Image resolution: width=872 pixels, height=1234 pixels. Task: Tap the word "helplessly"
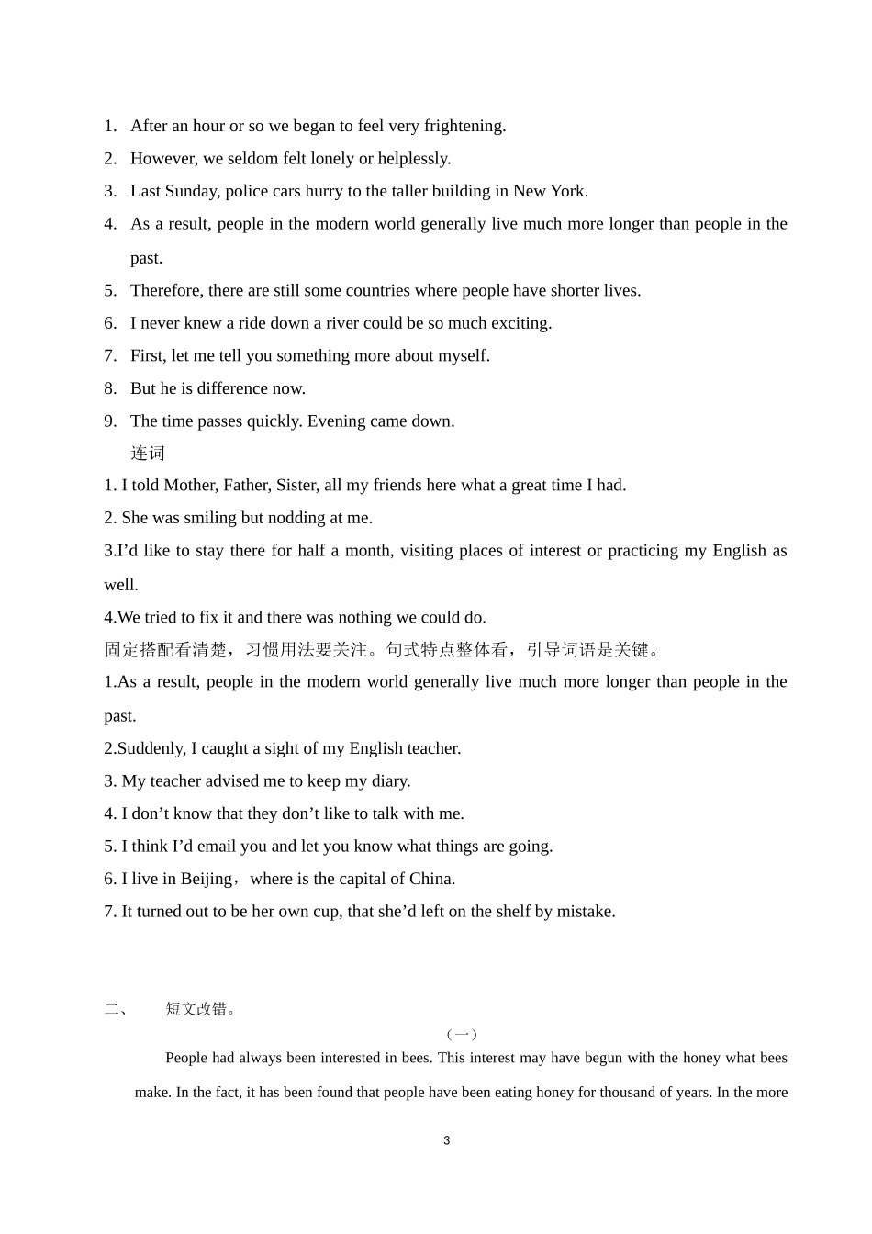pos(413,159)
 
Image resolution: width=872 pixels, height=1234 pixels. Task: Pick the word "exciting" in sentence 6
pos(519,323)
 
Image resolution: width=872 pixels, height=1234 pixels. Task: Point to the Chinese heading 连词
pos(148,454)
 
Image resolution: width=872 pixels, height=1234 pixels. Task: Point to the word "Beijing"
pos(207,879)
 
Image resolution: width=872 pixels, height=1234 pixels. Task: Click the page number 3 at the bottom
pos(447,1141)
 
